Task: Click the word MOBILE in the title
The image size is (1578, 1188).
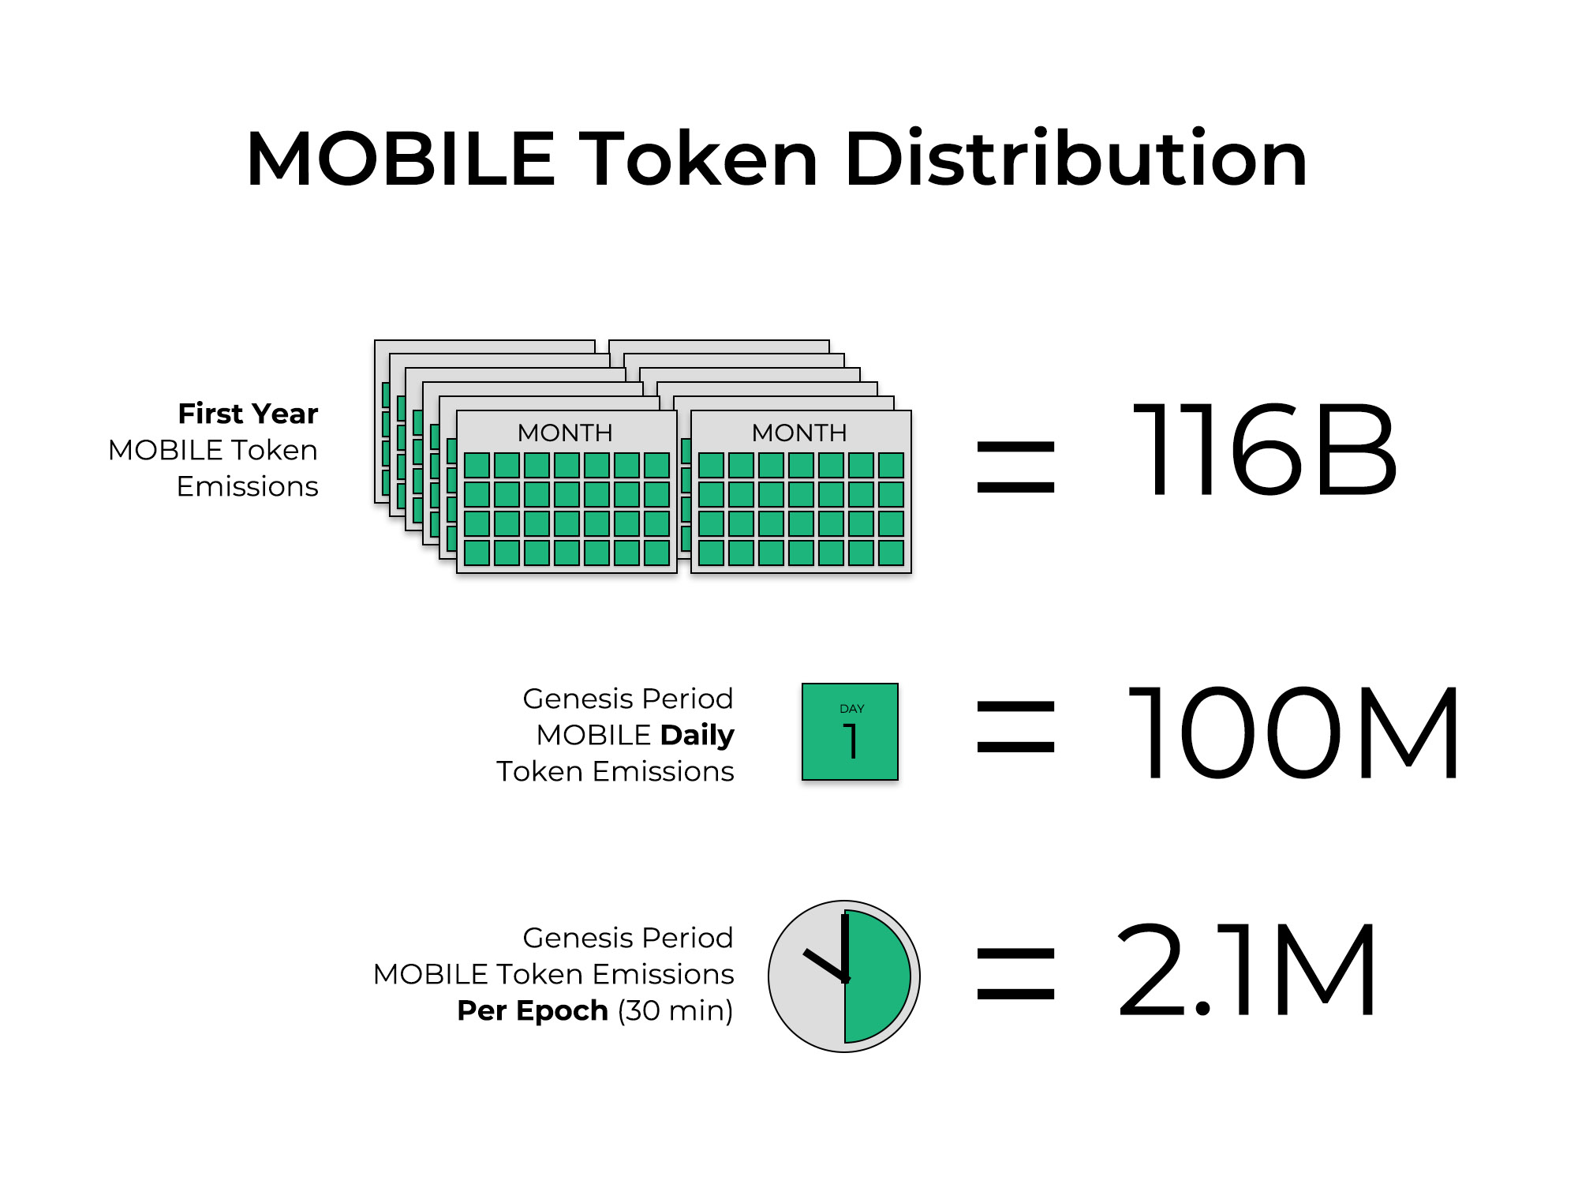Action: click(401, 159)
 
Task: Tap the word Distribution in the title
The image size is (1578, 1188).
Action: click(1076, 159)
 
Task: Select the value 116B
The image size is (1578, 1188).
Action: click(1265, 450)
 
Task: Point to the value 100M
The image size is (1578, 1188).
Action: click(1292, 733)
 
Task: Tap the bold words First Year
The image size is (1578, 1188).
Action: click(248, 413)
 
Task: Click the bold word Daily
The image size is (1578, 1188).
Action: click(697, 736)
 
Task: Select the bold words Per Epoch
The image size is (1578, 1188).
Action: click(533, 1010)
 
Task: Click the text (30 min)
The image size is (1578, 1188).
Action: click(675, 1010)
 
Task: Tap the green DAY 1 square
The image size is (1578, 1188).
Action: click(850, 732)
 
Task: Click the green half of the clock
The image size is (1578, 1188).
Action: click(877, 976)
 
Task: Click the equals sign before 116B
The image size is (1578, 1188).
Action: click(1015, 467)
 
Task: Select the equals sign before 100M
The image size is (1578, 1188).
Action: click(1015, 727)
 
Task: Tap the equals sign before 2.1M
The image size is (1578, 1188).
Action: click(1015, 974)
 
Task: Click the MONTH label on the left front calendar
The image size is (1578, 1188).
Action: click(565, 433)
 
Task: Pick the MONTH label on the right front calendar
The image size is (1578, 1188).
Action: click(799, 433)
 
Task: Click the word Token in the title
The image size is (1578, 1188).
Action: click(699, 159)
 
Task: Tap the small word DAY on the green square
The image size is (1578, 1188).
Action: click(852, 709)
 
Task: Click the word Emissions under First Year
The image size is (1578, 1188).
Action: click(248, 486)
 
